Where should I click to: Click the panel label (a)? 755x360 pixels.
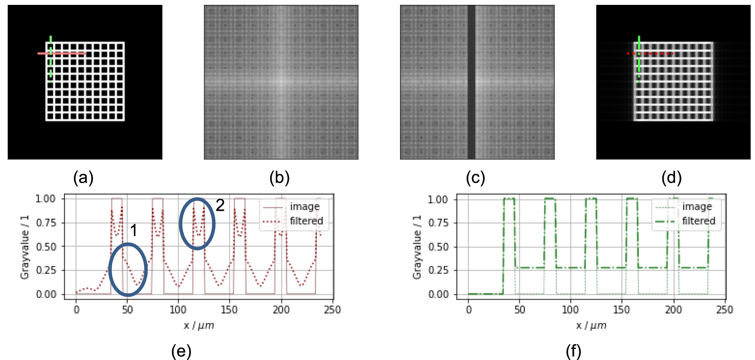click(83, 178)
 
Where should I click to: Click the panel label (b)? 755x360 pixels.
click(279, 178)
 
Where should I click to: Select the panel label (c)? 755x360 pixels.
click(476, 178)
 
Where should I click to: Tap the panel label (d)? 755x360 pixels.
click(672, 178)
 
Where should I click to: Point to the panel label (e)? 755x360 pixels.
click(181, 351)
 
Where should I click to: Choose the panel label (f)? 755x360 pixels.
click(573, 351)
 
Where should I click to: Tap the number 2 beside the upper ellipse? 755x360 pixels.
click(220, 205)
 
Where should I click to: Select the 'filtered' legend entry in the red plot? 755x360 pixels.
click(306, 221)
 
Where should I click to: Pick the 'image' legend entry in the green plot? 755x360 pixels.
click(697, 207)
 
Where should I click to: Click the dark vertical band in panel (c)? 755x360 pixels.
click(471, 82)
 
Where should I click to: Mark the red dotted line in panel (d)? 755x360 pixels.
click(650, 53)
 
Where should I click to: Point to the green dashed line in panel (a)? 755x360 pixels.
click(51, 59)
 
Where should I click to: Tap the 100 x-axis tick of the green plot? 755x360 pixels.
click(570, 310)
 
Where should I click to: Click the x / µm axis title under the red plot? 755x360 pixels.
click(199, 325)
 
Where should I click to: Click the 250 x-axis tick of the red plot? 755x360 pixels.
click(332, 310)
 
